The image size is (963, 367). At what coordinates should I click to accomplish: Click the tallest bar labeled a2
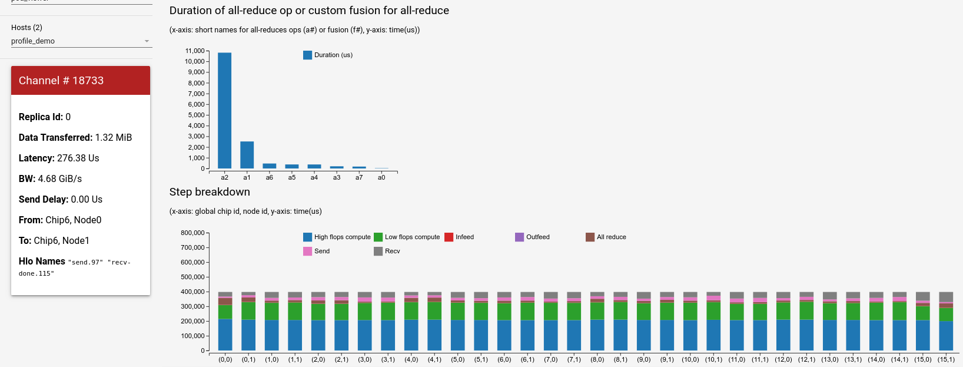click(x=224, y=111)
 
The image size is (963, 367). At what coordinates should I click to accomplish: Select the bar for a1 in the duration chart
click(x=247, y=155)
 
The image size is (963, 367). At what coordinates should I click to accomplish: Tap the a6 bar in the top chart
click(x=270, y=166)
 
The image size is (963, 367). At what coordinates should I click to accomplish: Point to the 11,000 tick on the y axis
click(x=195, y=51)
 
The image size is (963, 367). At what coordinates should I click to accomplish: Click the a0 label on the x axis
click(x=381, y=177)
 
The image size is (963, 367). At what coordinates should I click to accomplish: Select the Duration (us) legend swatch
click(x=307, y=55)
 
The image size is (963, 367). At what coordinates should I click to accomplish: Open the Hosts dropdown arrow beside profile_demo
click(x=147, y=41)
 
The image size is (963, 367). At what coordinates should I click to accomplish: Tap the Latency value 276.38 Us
click(x=78, y=158)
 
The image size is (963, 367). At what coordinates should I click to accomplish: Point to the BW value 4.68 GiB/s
click(x=59, y=178)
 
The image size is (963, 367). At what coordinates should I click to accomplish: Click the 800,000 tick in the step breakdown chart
click(x=192, y=233)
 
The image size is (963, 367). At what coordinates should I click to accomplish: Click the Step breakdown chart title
click(x=210, y=192)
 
